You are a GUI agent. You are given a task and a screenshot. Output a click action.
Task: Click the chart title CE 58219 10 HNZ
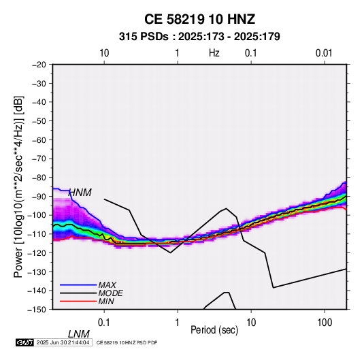[x=199, y=19]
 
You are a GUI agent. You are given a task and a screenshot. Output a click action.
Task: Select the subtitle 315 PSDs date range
[x=199, y=37]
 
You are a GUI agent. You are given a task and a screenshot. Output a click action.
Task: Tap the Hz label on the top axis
[x=214, y=53]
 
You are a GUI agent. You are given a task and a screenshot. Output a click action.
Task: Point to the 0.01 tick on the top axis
[x=324, y=53]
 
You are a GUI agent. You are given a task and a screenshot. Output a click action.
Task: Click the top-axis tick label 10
[x=104, y=53]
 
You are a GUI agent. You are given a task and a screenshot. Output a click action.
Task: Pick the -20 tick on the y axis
[x=39, y=65]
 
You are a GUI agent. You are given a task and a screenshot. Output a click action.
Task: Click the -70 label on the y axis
[x=39, y=159]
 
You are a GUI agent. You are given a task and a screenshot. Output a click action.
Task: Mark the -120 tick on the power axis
[x=37, y=252]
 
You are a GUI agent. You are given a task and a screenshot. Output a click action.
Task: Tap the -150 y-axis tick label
[x=37, y=310]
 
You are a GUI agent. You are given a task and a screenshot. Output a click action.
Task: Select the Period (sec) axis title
[x=214, y=330]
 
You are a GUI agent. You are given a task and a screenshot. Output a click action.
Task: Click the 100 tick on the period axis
[x=325, y=323]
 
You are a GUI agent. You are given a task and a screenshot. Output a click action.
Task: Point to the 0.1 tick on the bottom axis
[x=104, y=323]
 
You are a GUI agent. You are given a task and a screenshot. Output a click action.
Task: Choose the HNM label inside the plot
[x=80, y=193]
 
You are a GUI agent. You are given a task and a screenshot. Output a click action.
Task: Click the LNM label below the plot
[x=79, y=334]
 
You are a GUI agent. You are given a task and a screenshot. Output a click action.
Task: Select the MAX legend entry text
[x=107, y=285]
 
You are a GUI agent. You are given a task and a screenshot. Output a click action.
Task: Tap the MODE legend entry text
[x=110, y=293]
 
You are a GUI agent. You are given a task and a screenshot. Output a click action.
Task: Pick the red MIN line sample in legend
[x=78, y=301]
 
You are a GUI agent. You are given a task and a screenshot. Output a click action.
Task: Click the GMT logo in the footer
[x=24, y=342]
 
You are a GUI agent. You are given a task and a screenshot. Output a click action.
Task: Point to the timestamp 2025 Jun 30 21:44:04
[x=63, y=342]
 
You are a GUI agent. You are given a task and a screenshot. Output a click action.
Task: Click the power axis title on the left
[x=18, y=187]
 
